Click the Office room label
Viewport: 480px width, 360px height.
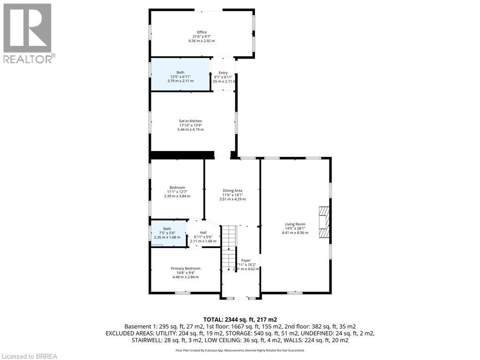[x=202, y=32]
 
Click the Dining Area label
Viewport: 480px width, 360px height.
[x=232, y=190]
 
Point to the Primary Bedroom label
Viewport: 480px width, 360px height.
[x=185, y=269]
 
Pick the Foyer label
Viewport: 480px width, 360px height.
[x=246, y=260]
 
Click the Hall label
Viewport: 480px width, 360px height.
[x=203, y=232]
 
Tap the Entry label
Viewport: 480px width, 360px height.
[x=223, y=73]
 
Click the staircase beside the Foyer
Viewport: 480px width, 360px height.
[x=228, y=248]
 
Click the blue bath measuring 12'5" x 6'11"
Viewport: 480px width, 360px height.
[x=180, y=77]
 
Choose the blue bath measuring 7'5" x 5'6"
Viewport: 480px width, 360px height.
[x=167, y=232]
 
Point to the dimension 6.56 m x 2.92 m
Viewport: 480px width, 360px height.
[x=202, y=41]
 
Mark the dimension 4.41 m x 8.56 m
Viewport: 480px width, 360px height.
[x=295, y=232]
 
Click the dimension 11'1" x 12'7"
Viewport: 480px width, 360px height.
[x=177, y=192]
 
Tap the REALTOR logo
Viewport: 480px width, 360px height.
[x=28, y=33]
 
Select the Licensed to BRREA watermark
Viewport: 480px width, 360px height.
[x=29, y=356]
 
